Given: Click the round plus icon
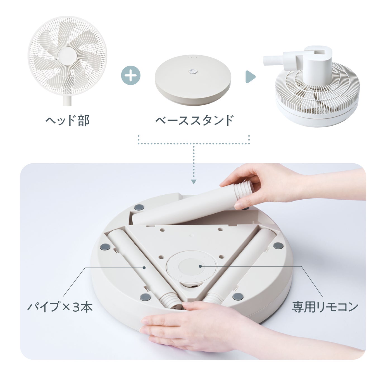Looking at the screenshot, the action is (x=131, y=75).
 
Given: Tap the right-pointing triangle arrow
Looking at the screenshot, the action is (x=250, y=77).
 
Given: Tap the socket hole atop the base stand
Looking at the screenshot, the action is (x=192, y=71).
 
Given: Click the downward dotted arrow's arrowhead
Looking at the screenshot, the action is (x=194, y=182).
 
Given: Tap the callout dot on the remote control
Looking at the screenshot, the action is (x=201, y=266).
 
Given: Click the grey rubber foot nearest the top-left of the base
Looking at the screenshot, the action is (x=139, y=208).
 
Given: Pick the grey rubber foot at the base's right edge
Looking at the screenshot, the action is (x=278, y=246).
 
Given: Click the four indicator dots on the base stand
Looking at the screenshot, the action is (x=193, y=58).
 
